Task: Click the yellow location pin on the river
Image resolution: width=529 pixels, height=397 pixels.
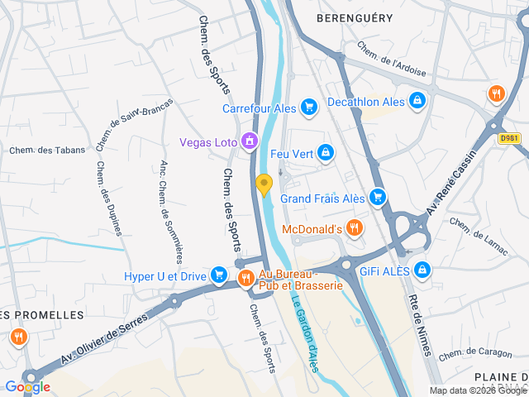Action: point(264,184)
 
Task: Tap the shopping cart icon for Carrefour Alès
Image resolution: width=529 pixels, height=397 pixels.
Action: point(309,107)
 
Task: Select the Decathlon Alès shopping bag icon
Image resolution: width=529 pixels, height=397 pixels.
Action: point(418,101)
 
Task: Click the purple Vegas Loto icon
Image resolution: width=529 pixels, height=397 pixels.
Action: point(248,142)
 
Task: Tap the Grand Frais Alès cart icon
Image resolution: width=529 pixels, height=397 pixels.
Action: point(378,198)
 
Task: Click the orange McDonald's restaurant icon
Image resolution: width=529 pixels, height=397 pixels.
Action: point(355,227)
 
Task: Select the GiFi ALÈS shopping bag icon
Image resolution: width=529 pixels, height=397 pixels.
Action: point(423,270)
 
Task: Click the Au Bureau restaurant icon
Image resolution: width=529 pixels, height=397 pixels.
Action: point(245,279)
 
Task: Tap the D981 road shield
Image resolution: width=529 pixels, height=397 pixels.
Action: point(509,139)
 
